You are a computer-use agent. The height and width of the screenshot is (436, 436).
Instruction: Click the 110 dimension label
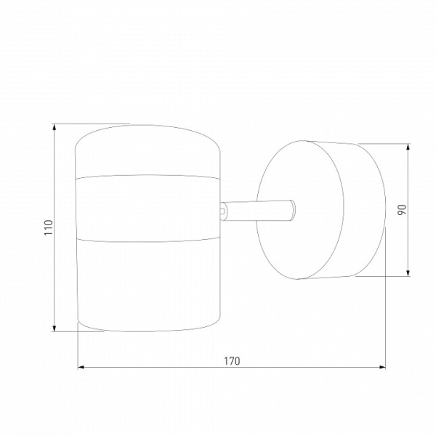pos(49,227)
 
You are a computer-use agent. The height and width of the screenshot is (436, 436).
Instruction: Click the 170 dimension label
pos(232,361)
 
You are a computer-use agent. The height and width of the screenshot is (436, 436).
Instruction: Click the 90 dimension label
pos(402,210)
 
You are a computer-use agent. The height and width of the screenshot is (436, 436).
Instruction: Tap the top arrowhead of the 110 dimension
pos(54,127)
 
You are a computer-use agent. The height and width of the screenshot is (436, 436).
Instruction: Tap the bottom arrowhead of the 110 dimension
pos(54,328)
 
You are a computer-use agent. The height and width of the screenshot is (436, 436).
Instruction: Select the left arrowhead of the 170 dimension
pos(81,367)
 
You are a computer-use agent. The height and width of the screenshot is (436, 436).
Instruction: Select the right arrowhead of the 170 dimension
pos(382,367)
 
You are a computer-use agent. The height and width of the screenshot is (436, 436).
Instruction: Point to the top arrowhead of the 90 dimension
pos(408,147)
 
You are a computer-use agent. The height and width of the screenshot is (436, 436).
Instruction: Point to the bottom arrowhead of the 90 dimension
pos(408,273)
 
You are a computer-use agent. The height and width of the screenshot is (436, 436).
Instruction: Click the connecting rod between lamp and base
pos(257,211)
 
